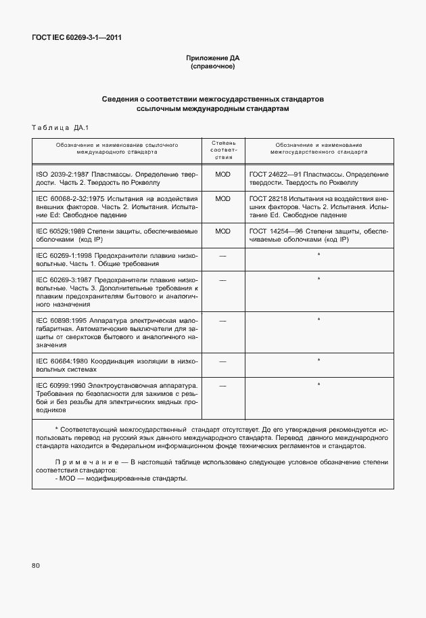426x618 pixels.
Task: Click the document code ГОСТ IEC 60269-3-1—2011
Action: click(x=76, y=38)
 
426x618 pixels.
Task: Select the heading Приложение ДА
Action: click(x=212, y=58)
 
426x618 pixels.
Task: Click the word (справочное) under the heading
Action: click(x=212, y=67)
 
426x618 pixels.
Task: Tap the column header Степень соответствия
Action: click(x=223, y=150)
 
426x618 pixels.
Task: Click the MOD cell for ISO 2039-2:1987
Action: click(x=223, y=174)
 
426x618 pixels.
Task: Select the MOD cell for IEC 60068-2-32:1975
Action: click(x=223, y=199)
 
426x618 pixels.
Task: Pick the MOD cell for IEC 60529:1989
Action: click(x=223, y=231)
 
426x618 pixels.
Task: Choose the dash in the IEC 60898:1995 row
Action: click(x=223, y=319)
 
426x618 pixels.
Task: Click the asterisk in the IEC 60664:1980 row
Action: click(x=318, y=361)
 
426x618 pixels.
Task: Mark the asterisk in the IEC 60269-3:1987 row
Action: click(x=318, y=279)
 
